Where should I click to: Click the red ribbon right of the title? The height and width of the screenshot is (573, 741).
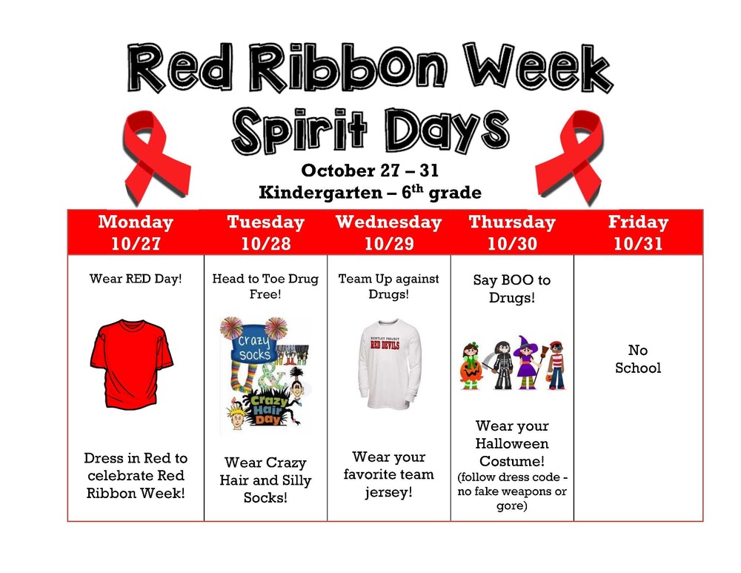point(570,155)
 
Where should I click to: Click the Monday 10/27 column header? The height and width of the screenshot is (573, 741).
point(136,232)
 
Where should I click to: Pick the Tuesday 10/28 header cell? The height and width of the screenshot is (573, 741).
point(265,232)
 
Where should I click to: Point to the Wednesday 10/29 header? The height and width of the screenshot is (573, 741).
point(388,232)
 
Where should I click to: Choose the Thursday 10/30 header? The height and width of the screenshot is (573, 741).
point(511,232)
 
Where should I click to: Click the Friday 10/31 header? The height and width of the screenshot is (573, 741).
point(638,232)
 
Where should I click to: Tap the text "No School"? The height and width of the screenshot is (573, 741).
point(638,358)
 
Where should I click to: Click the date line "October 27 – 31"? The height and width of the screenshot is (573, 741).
point(370,170)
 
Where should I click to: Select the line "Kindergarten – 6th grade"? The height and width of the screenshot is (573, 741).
point(370,193)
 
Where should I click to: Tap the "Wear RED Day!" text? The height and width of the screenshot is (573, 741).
point(136,279)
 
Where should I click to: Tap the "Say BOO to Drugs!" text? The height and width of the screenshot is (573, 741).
point(511,288)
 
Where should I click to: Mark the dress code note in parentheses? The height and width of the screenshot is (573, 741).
point(511,491)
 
